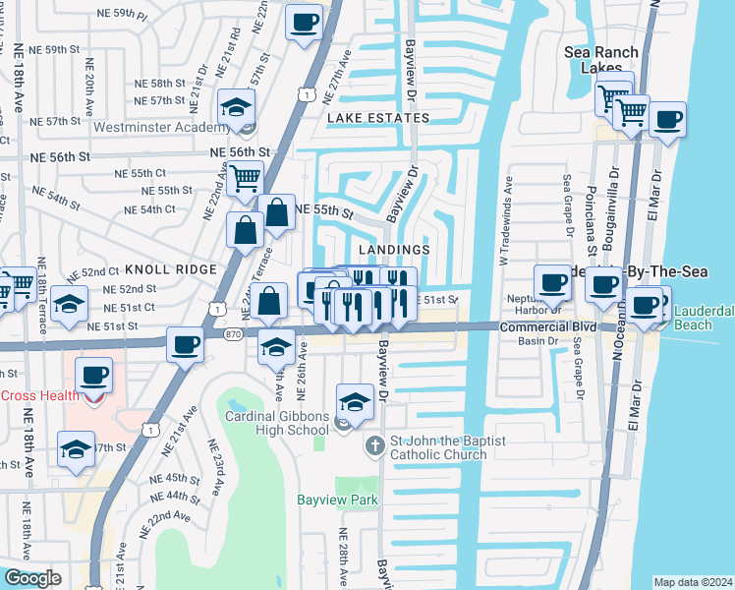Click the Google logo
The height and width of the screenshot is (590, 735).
pos(31,578)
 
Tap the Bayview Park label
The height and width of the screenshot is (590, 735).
pos(337,500)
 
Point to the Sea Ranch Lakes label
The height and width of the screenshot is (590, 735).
pos(601,59)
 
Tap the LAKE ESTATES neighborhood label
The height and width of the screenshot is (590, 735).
pos(378,118)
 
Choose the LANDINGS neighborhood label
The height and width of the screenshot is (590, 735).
pos(394,250)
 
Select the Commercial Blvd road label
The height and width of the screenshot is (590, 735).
pos(548,326)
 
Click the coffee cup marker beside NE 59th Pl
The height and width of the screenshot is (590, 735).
pos(304,22)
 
